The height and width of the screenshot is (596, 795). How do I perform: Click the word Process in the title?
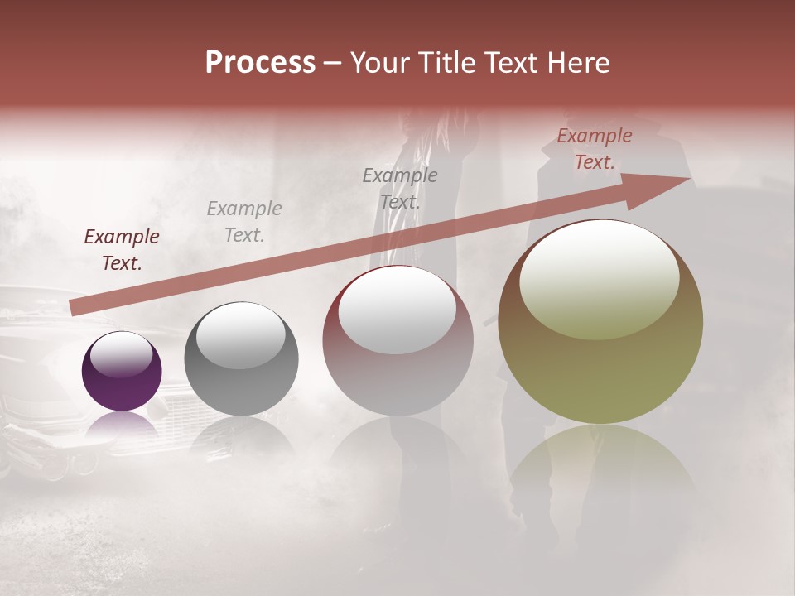pyautogui.click(x=260, y=63)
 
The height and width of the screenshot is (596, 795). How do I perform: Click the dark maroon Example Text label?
pyautogui.click(x=122, y=250)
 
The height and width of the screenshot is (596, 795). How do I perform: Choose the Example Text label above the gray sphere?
pyautogui.click(x=244, y=222)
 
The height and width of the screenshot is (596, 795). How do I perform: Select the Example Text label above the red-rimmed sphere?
pyautogui.click(x=400, y=189)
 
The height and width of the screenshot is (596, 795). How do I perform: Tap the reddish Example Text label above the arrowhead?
pyautogui.click(x=594, y=149)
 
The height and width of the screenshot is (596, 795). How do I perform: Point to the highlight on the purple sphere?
pyautogui.click(x=122, y=354)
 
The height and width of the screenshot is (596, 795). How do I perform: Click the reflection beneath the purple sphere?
pyautogui.click(x=122, y=426)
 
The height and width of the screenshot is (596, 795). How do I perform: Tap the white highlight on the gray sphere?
pyautogui.click(x=241, y=335)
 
